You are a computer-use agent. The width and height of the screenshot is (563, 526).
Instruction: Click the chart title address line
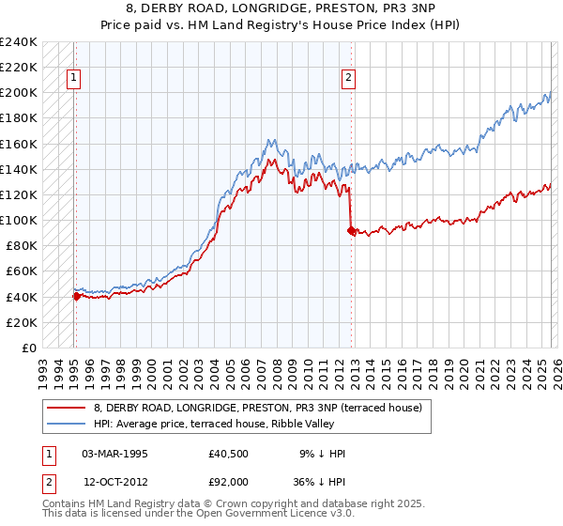[281, 8]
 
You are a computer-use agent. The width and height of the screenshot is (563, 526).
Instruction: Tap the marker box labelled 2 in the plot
[348, 79]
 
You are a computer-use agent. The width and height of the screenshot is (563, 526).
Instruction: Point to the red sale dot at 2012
[350, 230]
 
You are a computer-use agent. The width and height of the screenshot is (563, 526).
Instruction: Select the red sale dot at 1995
[76, 296]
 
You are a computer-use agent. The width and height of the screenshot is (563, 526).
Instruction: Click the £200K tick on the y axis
[19, 93]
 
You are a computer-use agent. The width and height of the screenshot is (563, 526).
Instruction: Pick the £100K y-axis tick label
[19, 220]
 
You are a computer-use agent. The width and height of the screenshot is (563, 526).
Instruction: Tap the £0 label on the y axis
[29, 348]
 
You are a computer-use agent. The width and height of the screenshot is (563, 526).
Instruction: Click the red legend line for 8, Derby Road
[66, 408]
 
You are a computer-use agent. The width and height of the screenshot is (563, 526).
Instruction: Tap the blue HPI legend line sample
[66, 424]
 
